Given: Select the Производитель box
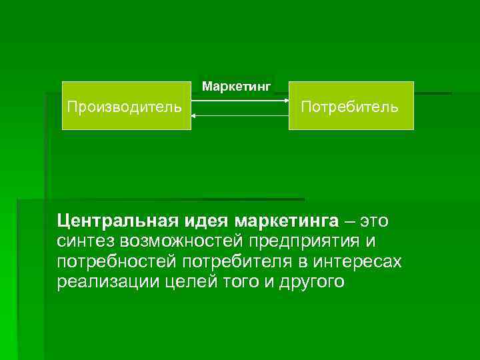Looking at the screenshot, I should coord(125,105).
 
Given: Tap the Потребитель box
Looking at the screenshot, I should coord(351,105).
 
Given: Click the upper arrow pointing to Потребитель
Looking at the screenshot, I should coord(240,101).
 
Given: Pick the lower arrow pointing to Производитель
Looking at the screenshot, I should coord(240,115).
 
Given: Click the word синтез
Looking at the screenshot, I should coord(83,241).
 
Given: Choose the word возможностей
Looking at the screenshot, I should coord(180,241).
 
